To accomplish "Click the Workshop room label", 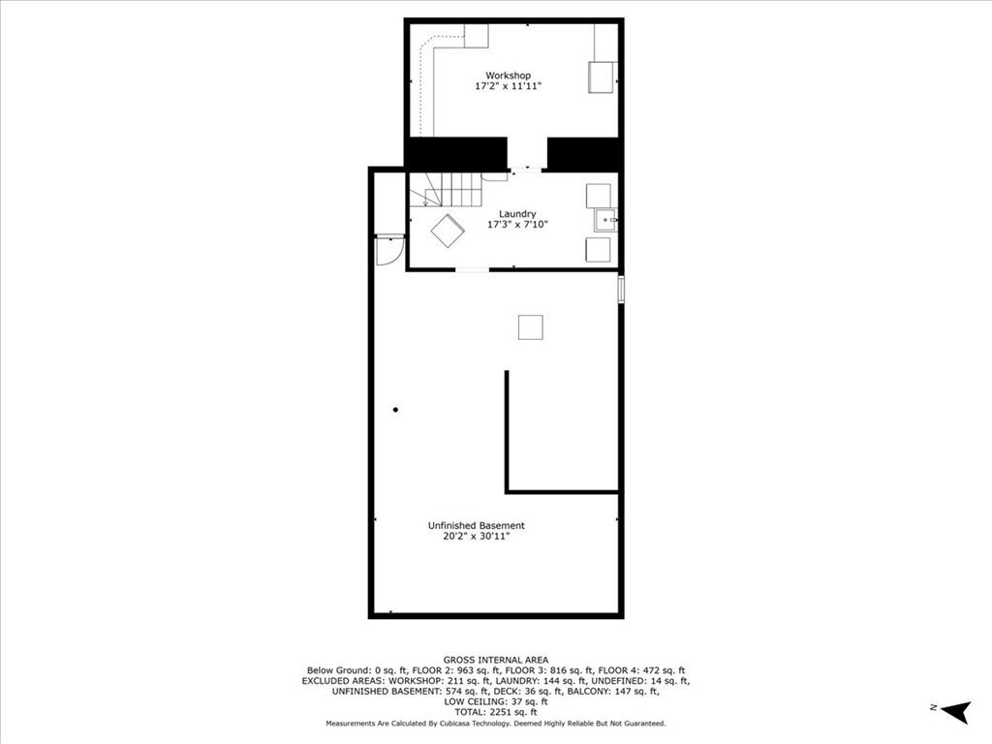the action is (x=508, y=76).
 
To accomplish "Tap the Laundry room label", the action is (x=517, y=214).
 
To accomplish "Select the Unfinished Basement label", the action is (x=476, y=525).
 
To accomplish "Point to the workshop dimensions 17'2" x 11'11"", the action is (x=508, y=86).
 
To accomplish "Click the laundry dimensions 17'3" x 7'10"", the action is (x=517, y=224).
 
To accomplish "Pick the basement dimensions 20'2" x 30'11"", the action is (x=476, y=537).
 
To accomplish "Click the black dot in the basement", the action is (x=395, y=410).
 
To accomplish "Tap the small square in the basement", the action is (x=530, y=327).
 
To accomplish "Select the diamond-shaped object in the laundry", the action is (x=448, y=231).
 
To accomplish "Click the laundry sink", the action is (x=605, y=221).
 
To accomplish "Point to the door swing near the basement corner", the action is (x=389, y=251).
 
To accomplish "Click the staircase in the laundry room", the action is (x=452, y=189).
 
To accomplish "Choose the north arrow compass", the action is (x=956, y=712).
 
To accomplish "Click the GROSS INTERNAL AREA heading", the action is (x=496, y=660).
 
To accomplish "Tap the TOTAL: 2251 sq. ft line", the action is (x=496, y=712).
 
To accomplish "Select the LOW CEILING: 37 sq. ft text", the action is (x=496, y=701).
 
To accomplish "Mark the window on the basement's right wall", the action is (x=621, y=289).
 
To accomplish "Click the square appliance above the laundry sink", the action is (x=599, y=196).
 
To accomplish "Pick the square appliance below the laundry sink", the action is (x=599, y=249).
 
